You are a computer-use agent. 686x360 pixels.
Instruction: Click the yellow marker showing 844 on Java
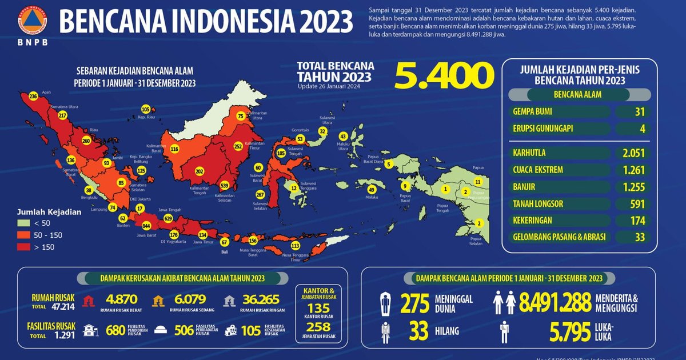point(146,226)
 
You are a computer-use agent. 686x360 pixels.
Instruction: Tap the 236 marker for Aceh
point(33,97)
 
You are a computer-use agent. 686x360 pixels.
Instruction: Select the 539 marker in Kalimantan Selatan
point(224,186)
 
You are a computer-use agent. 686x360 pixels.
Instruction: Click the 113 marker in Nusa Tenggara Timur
point(295,246)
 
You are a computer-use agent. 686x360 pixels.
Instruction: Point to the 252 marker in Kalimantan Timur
point(238,146)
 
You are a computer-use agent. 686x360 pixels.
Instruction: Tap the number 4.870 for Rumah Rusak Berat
point(122,299)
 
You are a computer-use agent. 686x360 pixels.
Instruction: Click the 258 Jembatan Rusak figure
point(319,326)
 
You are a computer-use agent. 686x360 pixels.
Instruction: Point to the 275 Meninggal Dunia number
point(415,304)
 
